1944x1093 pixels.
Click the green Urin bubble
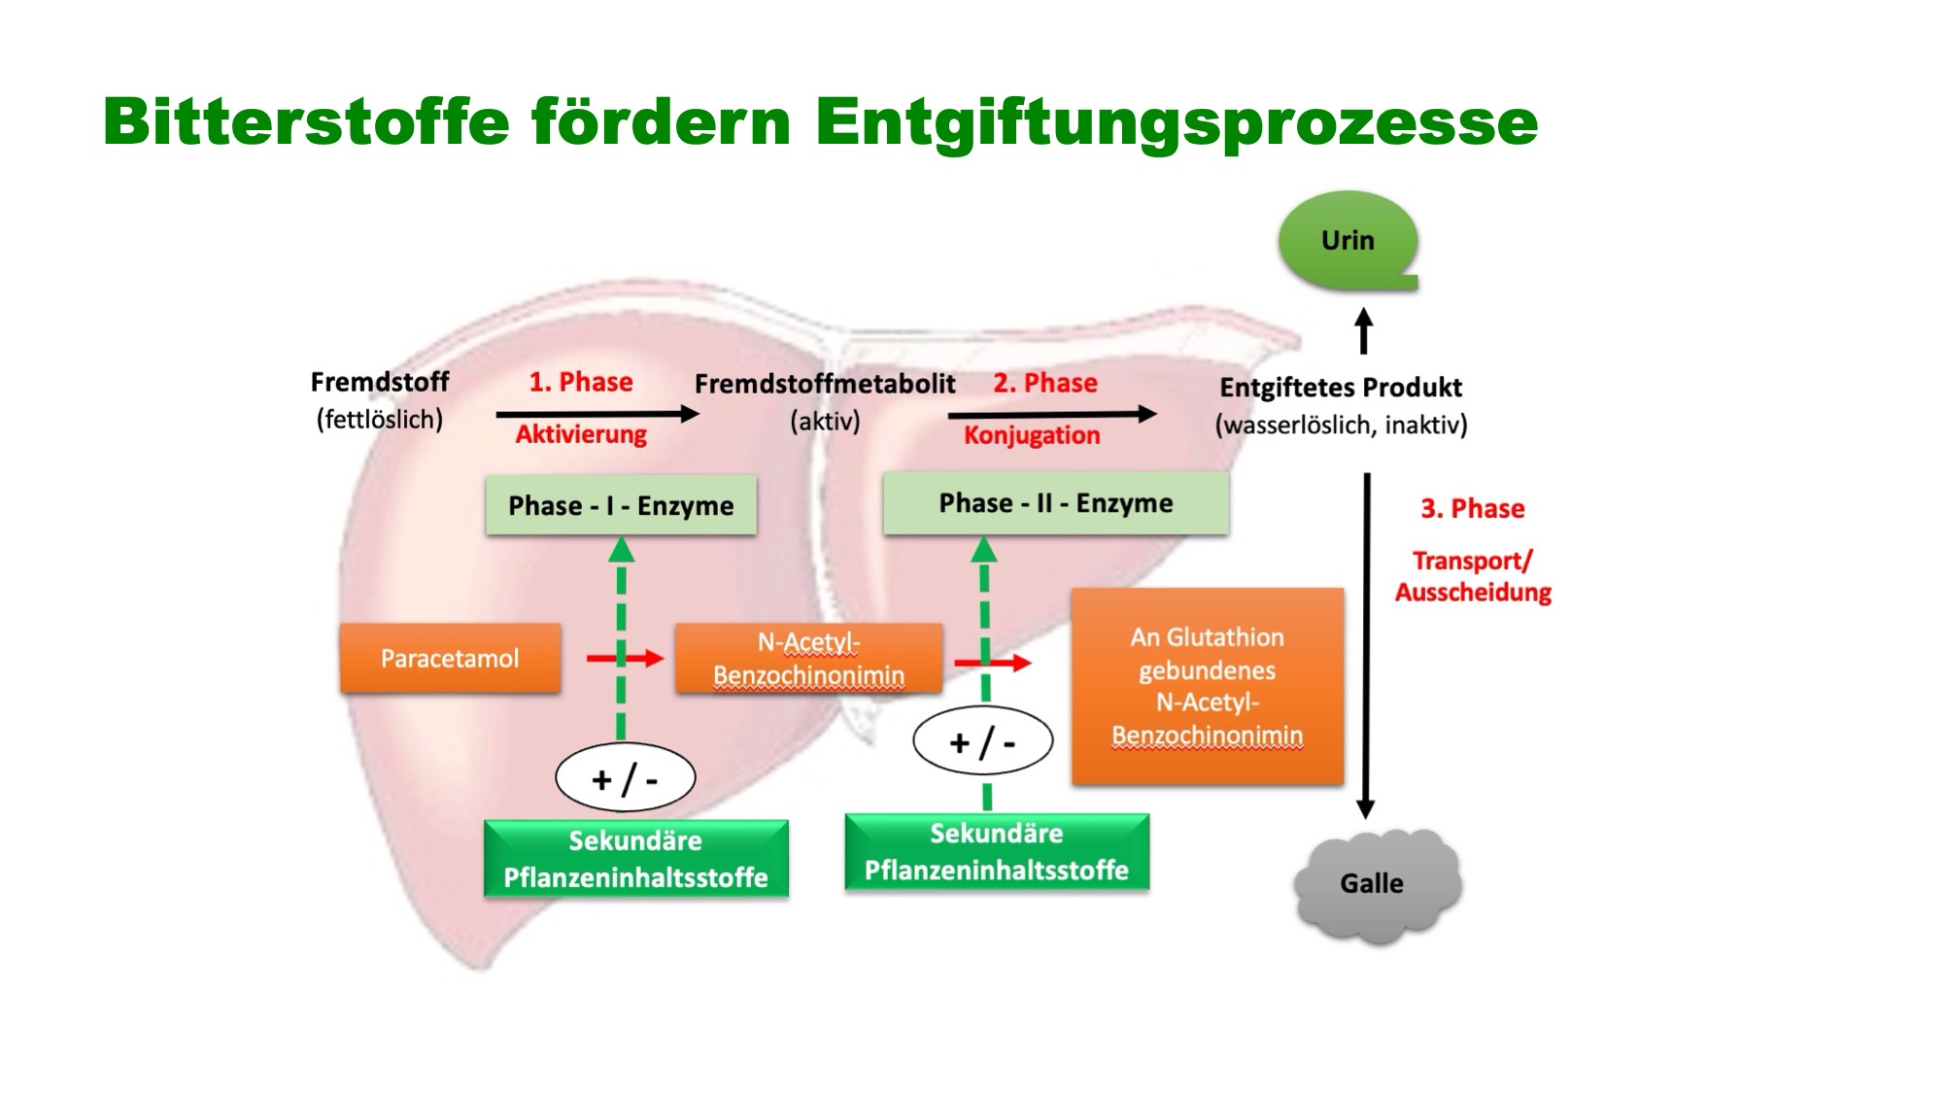point(1348,241)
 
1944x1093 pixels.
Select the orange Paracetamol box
point(450,659)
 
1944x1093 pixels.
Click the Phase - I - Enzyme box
point(621,505)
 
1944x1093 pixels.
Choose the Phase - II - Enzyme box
point(1055,503)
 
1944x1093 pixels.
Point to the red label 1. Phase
point(581,382)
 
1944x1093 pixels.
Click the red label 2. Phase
point(1045,383)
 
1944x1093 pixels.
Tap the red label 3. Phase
point(1473,508)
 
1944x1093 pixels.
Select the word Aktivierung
point(581,434)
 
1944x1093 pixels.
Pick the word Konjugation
point(1032,435)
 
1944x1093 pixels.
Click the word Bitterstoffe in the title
point(306,121)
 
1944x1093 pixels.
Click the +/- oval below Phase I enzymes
point(625,778)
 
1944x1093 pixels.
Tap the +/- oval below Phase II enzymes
point(983,742)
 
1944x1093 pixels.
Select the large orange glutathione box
point(1208,686)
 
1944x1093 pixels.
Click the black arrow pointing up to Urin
point(1364,330)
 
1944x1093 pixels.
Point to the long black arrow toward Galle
point(1366,646)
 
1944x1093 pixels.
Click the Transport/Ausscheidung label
point(1473,576)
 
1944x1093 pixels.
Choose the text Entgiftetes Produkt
point(1341,388)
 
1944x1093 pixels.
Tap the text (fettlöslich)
point(380,420)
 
